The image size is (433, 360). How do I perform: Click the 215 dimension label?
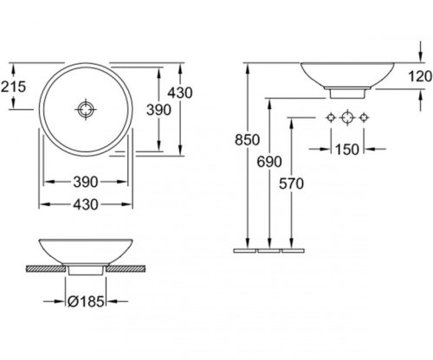(13, 87)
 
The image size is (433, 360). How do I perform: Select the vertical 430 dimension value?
(180, 93)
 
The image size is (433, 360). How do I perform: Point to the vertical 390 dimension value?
(158, 110)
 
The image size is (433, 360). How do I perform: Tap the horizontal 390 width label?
(86, 182)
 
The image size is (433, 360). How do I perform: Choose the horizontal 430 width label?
(86, 204)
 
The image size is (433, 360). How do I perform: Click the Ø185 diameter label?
(86, 302)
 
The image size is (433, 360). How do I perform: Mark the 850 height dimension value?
(247, 140)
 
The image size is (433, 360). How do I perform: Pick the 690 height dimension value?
(269, 162)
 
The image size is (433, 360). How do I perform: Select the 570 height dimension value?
(291, 183)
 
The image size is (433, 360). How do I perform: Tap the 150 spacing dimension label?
(347, 150)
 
